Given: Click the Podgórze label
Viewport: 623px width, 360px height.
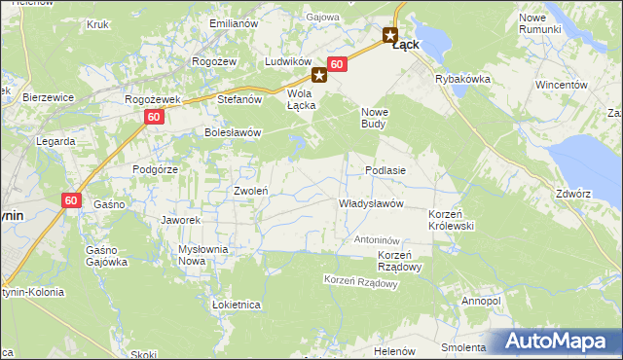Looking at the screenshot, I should [x=155, y=168].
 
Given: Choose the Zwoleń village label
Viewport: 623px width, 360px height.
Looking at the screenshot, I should [x=251, y=191].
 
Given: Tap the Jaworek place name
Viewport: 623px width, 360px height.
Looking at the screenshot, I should [x=180, y=220].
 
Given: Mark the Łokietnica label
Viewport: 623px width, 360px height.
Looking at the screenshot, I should [x=236, y=305].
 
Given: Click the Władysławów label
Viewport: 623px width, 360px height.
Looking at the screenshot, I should [x=370, y=203].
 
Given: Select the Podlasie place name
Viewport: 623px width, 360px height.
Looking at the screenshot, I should [x=385, y=169].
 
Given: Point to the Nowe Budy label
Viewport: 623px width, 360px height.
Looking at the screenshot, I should [x=375, y=118].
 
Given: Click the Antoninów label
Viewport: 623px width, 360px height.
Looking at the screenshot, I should [x=378, y=239].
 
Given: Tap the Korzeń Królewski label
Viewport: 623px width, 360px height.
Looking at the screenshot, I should [x=451, y=218].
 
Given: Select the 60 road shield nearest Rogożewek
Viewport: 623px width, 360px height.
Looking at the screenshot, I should [x=154, y=117].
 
